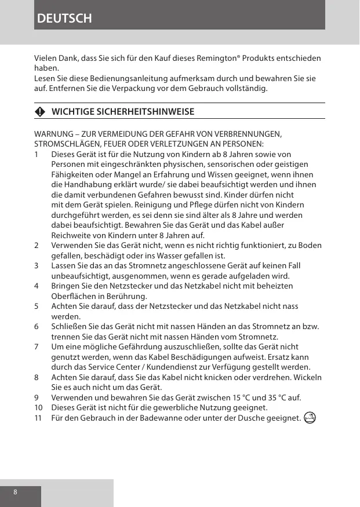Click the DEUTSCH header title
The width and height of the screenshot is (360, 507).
[64, 18]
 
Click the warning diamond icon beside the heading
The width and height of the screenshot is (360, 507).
[39, 112]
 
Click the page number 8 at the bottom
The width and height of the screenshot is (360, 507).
[15, 492]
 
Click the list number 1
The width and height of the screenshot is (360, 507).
[37, 155]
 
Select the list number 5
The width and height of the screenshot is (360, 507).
[37, 306]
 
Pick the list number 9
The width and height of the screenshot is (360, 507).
[37, 397]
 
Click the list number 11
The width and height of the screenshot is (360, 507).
[38, 418]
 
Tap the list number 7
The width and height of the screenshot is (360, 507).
[37, 346]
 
